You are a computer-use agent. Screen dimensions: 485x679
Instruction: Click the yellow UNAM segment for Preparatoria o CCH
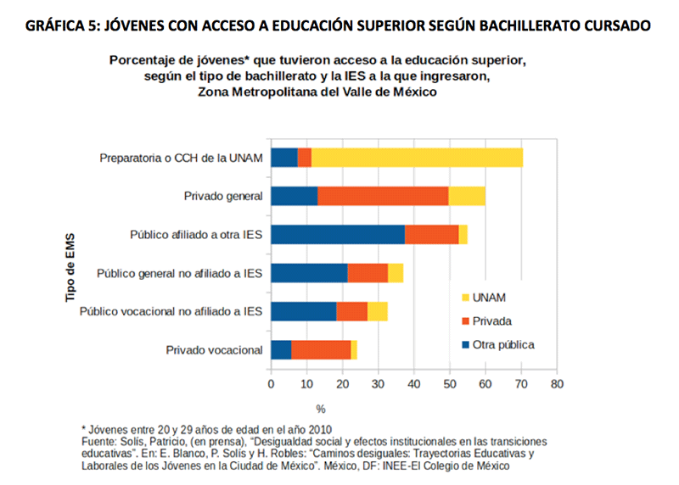tap(417, 157)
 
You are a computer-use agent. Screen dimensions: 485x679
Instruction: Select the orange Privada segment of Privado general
tap(383, 196)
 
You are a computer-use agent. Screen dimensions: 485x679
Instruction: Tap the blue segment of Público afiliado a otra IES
tap(337, 234)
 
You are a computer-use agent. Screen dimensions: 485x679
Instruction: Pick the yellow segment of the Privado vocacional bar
tap(354, 349)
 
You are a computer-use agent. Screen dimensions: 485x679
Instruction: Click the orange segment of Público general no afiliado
tap(368, 272)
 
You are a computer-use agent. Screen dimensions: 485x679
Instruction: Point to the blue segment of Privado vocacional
tap(281, 349)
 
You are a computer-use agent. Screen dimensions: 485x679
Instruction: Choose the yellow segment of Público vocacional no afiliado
tap(378, 311)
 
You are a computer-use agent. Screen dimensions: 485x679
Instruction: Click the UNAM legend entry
tap(484, 298)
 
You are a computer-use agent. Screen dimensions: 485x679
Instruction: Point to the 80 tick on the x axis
tap(557, 384)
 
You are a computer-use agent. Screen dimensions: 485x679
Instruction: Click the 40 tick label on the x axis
tap(413, 384)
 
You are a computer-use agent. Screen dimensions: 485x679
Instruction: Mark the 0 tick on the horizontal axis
tap(271, 384)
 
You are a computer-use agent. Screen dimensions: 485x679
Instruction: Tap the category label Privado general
tap(223, 196)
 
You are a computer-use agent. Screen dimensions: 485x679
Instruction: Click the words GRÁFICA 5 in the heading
tap(59, 25)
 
